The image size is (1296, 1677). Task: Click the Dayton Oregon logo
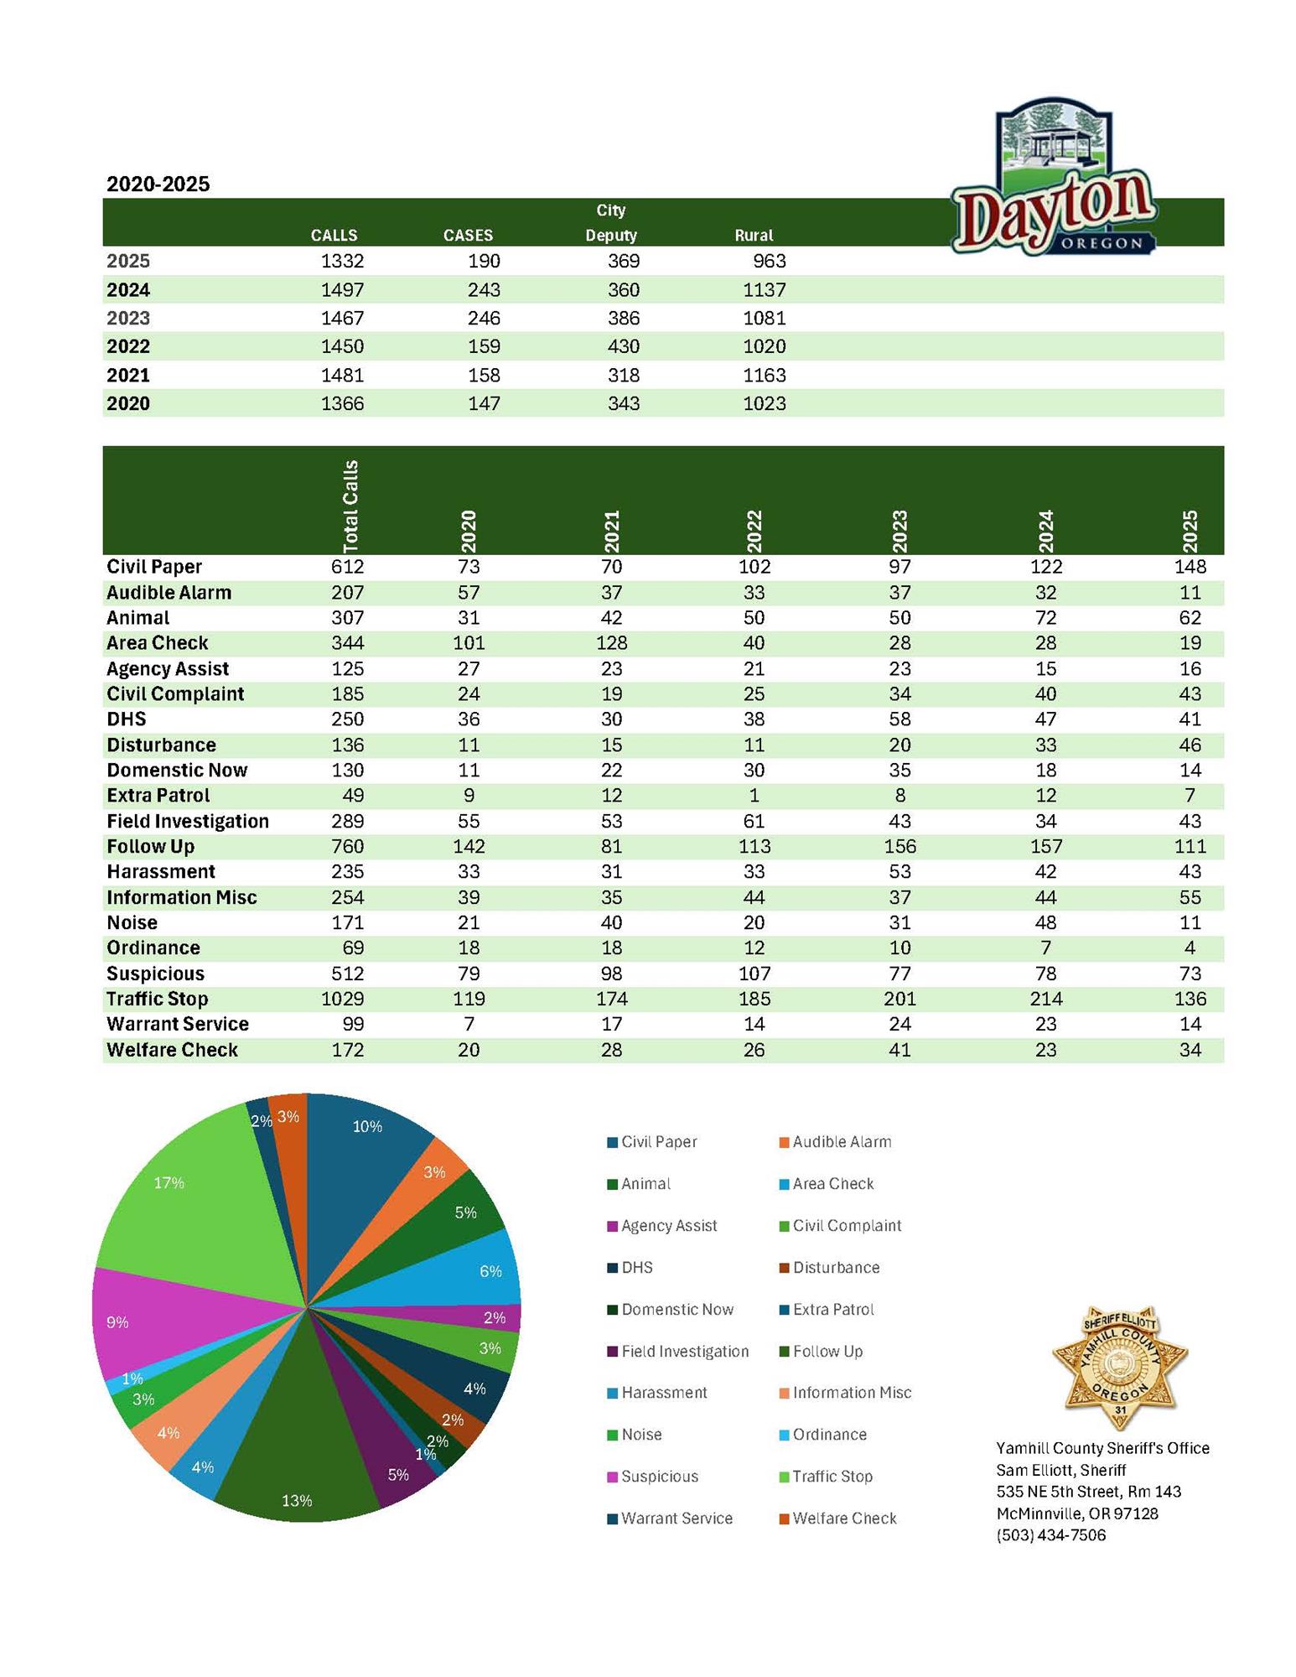click(1054, 178)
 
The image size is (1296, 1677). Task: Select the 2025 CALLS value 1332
click(342, 261)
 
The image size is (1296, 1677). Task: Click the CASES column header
click(468, 236)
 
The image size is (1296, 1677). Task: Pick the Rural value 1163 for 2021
click(764, 375)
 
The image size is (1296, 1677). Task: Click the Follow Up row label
click(150, 846)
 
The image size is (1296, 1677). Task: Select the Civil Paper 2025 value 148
click(1190, 567)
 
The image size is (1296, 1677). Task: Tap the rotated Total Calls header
click(350, 504)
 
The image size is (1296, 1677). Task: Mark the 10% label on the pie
click(367, 1126)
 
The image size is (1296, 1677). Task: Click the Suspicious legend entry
click(659, 1477)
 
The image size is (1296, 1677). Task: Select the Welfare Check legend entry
click(843, 1519)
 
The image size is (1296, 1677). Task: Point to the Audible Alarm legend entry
click(841, 1142)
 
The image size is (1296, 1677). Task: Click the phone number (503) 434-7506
click(1050, 1535)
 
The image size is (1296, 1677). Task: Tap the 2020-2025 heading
click(158, 184)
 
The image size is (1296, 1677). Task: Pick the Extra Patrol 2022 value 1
click(754, 795)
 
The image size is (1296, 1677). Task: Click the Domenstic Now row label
click(177, 770)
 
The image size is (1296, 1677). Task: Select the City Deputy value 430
click(623, 346)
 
